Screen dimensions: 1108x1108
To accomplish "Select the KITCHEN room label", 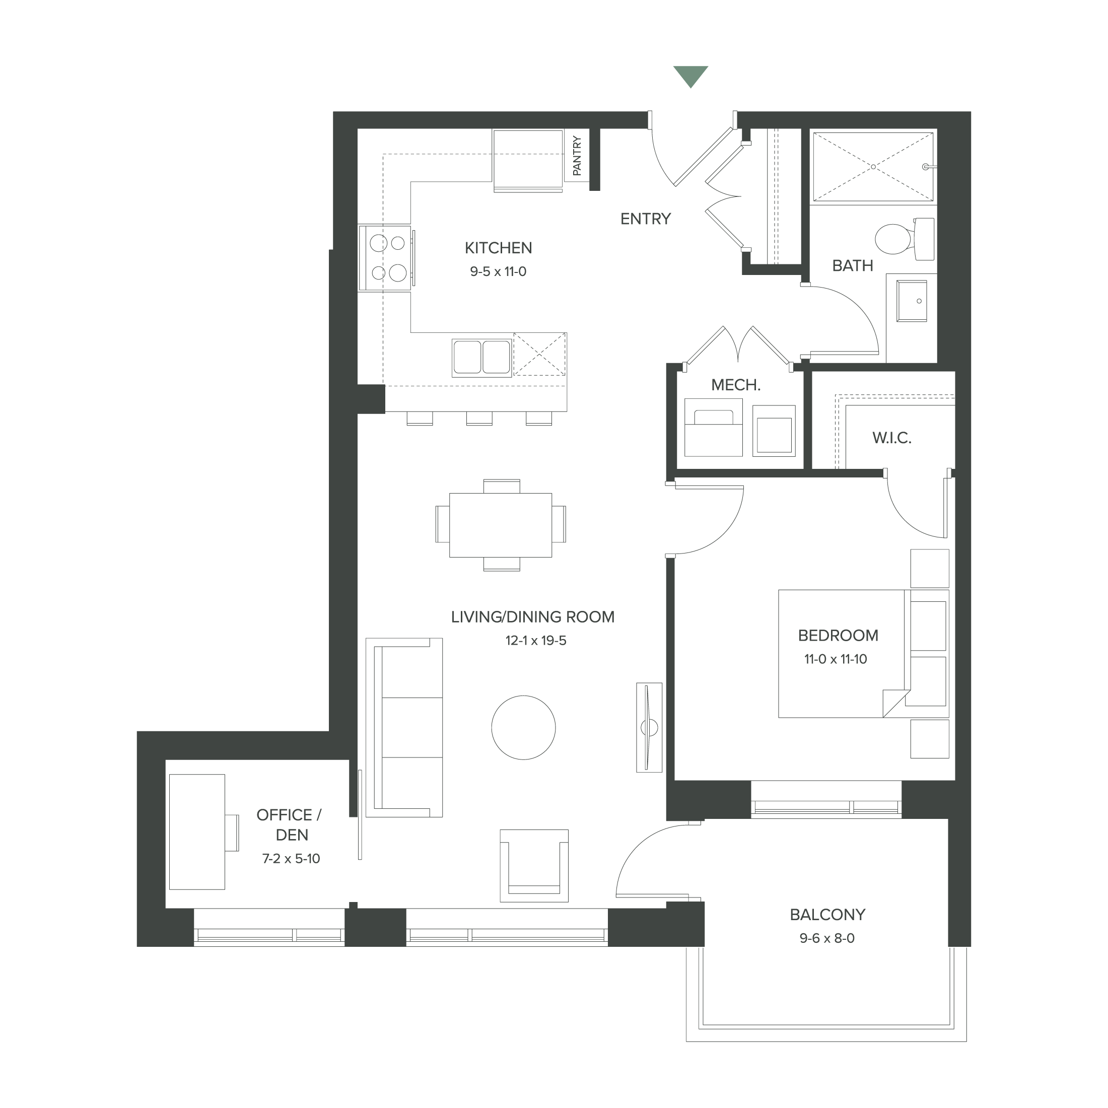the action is click(498, 248).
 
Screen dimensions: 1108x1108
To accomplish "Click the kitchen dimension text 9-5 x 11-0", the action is click(498, 272).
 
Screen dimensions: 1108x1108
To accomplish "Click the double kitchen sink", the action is click(482, 357).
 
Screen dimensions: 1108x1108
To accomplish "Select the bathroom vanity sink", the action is click(911, 301).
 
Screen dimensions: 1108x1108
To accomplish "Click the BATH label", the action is click(852, 266).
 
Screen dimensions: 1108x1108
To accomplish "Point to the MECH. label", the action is click(736, 385).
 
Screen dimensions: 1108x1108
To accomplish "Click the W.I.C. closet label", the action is click(892, 438).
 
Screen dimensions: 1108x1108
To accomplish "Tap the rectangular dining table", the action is click(501, 525).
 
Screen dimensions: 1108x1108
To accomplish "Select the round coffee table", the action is click(523, 727).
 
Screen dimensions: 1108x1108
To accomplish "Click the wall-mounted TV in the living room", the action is click(649, 727).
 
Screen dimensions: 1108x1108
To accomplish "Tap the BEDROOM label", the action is click(838, 636).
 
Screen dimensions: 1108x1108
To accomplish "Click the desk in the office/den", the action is click(197, 832).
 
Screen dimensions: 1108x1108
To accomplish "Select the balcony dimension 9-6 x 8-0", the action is click(827, 939).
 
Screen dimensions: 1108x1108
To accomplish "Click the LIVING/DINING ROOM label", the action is click(533, 617).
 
